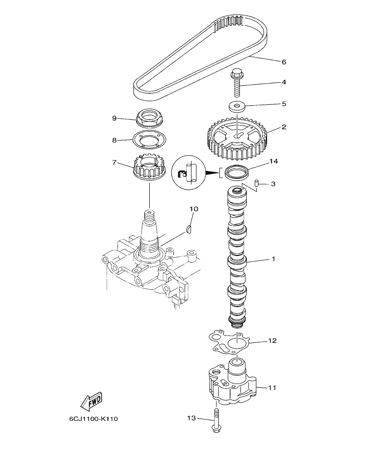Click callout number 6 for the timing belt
(284, 62)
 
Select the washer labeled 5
(237, 107)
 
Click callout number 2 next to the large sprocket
(284, 127)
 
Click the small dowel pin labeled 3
(256, 184)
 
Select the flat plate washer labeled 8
(148, 140)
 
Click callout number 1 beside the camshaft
(274, 259)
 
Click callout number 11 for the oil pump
(272, 388)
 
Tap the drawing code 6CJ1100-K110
(90, 419)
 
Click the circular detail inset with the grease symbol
(188, 173)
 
